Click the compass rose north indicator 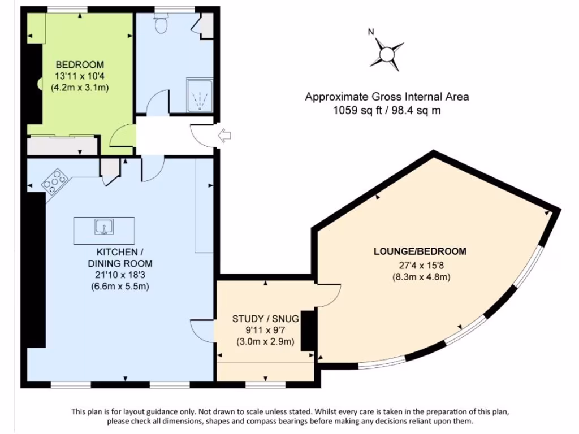pyautogui.click(x=387, y=54)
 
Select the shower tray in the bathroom pyautogui.click(x=199, y=94)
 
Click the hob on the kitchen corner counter pyautogui.click(x=54, y=180)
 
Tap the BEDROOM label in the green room pyautogui.click(x=80, y=64)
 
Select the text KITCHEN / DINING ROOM pyautogui.click(x=120, y=258)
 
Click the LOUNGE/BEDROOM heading pyautogui.click(x=420, y=251)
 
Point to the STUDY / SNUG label pyautogui.click(x=265, y=319)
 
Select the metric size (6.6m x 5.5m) pyautogui.click(x=120, y=287)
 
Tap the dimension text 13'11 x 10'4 pyautogui.click(x=80, y=76)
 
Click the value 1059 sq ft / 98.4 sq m pyautogui.click(x=387, y=111)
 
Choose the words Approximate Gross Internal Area pyautogui.click(x=387, y=97)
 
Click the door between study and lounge pyautogui.click(x=328, y=295)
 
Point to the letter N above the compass pyautogui.click(x=371, y=32)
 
